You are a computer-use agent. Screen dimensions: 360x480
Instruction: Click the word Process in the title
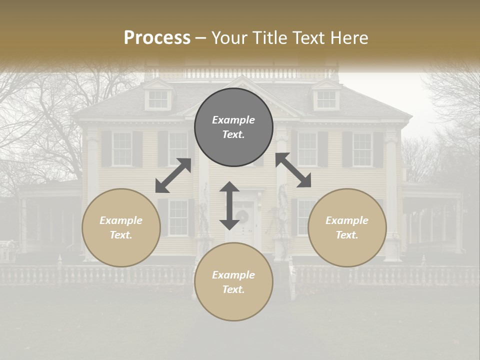(x=157, y=38)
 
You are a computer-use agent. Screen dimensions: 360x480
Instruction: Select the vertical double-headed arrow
(x=229, y=205)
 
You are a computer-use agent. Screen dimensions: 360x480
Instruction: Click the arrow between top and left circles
(x=173, y=175)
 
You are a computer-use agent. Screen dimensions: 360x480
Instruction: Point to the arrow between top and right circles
(x=293, y=170)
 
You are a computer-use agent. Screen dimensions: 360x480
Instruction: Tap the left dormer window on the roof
(x=158, y=99)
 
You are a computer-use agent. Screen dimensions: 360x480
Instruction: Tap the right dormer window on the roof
(x=326, y=99)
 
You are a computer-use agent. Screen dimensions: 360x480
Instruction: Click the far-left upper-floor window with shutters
(x=121, y=149)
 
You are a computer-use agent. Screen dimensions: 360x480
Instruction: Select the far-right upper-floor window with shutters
(x=362, y=149)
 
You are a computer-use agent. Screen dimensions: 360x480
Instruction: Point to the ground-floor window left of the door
(x=178, y=217)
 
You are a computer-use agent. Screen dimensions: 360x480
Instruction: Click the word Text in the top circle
(x=233, y=134)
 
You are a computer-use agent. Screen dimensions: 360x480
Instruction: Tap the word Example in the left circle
(x=121, y=220)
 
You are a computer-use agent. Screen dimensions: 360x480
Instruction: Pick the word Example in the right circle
(x=347, y=220)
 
